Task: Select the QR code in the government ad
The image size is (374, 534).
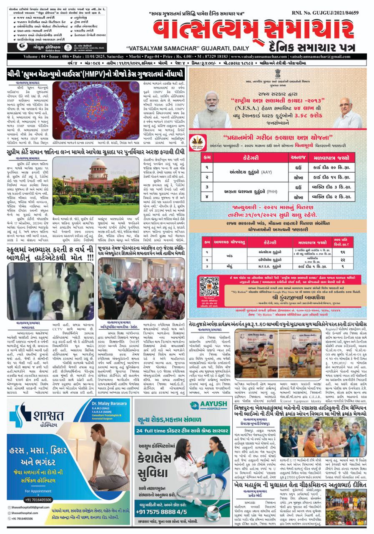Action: pos(209,286)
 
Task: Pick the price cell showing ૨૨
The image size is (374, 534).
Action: pos(342,259)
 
